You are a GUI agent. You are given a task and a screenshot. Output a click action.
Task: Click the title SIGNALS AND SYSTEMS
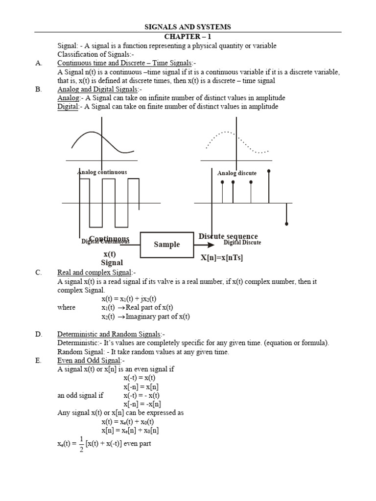pyautogui.click(x=188, y=27)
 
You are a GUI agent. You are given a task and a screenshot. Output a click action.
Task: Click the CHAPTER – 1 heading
pyautogui.click(x=188, y=37)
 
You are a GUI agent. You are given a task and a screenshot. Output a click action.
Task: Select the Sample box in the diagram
pyautogui.click(x=167, y=245)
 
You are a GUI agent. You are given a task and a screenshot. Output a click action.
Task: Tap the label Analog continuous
pyautogui.click(x=102, y=172)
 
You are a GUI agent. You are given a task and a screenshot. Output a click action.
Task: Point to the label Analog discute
pyautogui.click(x=237, y=173)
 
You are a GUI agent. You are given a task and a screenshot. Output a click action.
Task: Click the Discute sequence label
pyautogui.click(x=228, y=236)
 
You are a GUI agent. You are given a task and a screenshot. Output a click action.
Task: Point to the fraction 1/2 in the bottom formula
pyautogui.click(x=81, y=444)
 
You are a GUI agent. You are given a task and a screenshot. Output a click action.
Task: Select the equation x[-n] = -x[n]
pyautogui.click(x=142, y=404)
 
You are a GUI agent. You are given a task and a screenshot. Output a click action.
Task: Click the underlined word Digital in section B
pyautogui.click(x=68, y=107)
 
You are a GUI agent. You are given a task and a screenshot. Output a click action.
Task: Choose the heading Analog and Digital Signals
pyautogui.click(x=98, y=90)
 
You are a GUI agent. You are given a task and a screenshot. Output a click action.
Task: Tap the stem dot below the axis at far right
pyautogui.click(x=286, y=224)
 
